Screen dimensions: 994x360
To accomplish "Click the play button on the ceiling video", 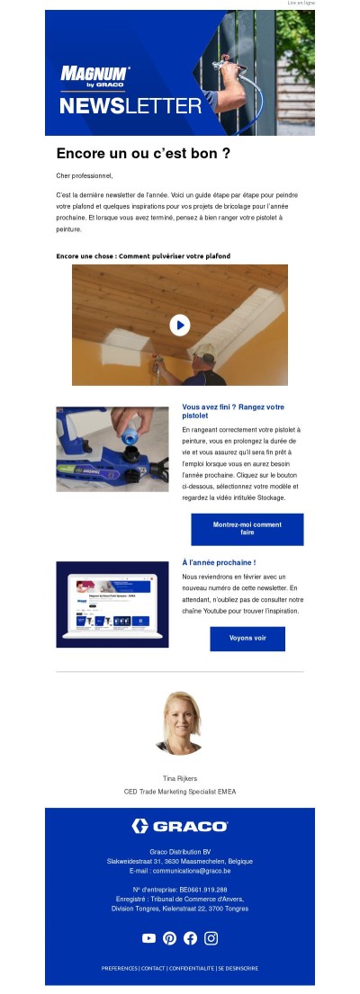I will click(180, 325).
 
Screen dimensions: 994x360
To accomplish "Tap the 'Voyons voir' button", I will click(247, 639).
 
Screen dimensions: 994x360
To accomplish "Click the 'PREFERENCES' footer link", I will click(119, 969).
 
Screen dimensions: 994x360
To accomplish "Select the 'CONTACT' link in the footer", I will click(153, 969).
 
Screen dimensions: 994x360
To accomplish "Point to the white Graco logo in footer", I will click(180, 826).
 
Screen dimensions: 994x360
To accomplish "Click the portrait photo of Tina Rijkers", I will click(179, 723).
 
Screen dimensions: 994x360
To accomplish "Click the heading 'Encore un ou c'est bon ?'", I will click(143, 154).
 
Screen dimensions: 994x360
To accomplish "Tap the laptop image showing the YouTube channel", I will click(112, 604).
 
